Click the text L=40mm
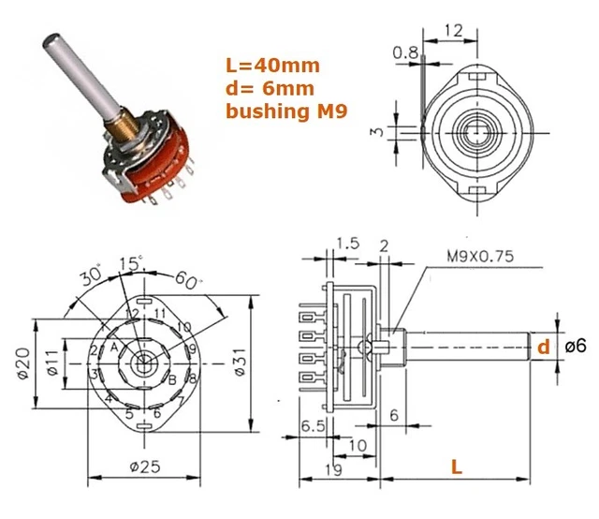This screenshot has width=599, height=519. (x=273, y=66)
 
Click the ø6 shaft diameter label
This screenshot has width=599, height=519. (x=576, y=346)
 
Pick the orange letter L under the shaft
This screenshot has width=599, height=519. (x=456, y=466)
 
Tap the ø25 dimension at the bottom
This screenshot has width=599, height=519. (x=145, y=467)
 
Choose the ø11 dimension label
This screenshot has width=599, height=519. (x=53, y=362)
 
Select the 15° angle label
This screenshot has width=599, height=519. (x=135, y=265)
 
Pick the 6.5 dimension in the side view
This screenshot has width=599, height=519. (x=313, y=425)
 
